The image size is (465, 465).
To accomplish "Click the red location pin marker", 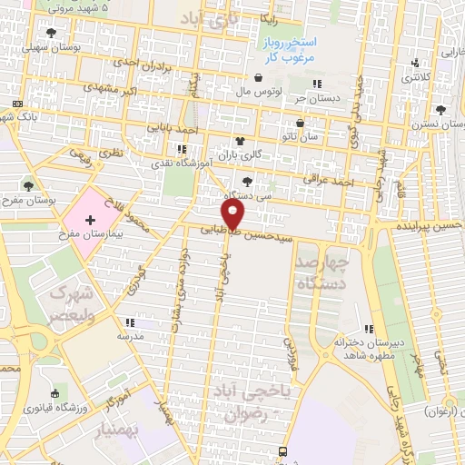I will [x=235, y=214].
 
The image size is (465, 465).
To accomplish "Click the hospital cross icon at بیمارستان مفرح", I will [x=90, y=220].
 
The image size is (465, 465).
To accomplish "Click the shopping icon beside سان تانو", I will [x=301, y=123].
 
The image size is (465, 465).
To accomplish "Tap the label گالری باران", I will [x=268, y=154].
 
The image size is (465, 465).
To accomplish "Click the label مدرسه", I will [x=129, y=336].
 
